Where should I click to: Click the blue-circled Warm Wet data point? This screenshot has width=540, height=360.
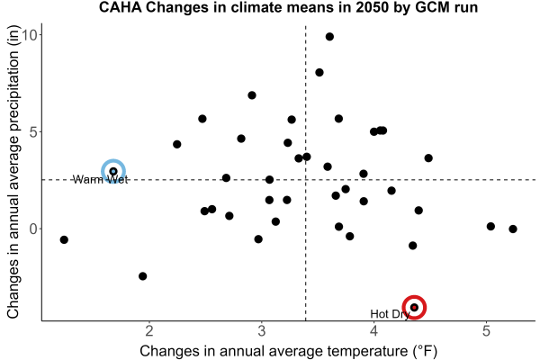pyautogui.click(x=113, y=171)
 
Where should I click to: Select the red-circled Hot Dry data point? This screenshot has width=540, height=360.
pyautogui.click(x=414, y=307)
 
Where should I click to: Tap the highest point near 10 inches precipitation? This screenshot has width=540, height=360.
pyautogui.click(x=329, y=37)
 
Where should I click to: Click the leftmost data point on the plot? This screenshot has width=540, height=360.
pyautogui.click(x=64, y=239)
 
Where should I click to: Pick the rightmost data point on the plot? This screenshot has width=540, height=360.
pyautogui.click(x=513, y=229)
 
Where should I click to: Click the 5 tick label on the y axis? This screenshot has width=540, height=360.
pyautogui.click(x=34, y=132)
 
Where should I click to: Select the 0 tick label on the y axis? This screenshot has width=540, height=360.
pyautogui.click(x=34, y=229)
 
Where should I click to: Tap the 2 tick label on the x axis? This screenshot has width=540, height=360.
pyautogui.click(x=149, y=330)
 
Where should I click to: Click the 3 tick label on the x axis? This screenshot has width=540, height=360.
pyautogui.click(x=262, y=330)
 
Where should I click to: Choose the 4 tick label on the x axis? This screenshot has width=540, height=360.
pyautogui.click(x=374, y=330)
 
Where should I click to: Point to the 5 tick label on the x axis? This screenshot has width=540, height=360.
pyautogui.click(x=486, y=330)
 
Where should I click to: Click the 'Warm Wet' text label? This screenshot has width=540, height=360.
pyautogui.click(x=100, y=179)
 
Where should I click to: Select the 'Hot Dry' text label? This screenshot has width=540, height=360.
pyautogui.click(x=390, y=314)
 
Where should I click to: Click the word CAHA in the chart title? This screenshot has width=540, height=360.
pyautogui.click(x=121, y=7)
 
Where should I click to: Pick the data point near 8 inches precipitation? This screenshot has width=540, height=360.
pyautogui.click(x=319, y=72)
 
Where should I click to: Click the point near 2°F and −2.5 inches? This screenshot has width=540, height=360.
pyautogui.click(x=142, y=276)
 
